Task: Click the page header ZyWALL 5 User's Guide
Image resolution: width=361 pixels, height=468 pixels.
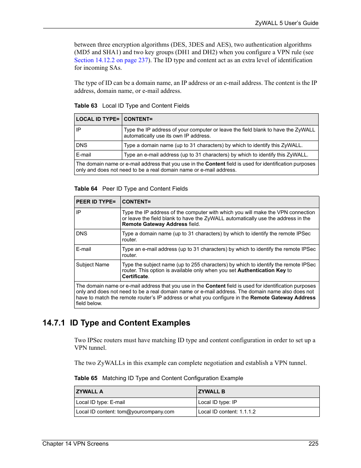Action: click(x=286, y=23)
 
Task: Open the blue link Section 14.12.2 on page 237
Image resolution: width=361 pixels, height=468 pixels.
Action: click(x=111, y=60)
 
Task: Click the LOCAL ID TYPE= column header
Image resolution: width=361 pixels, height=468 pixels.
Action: click(x=98, y=119)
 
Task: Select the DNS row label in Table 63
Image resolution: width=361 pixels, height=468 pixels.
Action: click(x=81, y=146)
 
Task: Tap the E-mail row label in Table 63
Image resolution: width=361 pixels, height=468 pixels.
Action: click(x=84, y=155)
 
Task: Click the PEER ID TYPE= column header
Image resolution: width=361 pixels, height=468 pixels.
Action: click(x=96, y=202)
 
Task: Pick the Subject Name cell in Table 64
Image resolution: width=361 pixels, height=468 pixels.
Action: click(x=92, y=265)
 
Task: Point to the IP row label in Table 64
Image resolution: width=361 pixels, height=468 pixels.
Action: click(x=78, y=213)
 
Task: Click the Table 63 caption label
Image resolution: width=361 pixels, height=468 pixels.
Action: click(x=86, y=106)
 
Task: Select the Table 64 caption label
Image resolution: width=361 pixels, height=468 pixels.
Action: click(x=86, y=189)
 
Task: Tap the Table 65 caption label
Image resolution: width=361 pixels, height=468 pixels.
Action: click(x=86, y=378)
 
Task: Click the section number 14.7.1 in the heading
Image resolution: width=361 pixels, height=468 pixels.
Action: click(x=54, y=323)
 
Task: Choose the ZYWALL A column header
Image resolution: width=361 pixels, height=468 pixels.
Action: click(x=89, y=392)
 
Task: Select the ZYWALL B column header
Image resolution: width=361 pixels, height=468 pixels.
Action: click(x=212, y=392)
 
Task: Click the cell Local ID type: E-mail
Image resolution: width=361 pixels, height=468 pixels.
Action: click(x=100, y=402)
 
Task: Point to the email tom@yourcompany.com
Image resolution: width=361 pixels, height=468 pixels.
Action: click(x=146, y=412)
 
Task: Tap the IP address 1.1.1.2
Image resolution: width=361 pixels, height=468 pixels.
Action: click(x=247, y=412)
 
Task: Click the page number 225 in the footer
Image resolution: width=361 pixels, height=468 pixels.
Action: click(x=313, y=444)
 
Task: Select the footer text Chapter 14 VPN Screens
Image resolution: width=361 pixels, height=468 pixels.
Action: click(x=75, y=444)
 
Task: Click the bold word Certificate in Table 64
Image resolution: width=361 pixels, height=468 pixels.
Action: click(x=135, y=277)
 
